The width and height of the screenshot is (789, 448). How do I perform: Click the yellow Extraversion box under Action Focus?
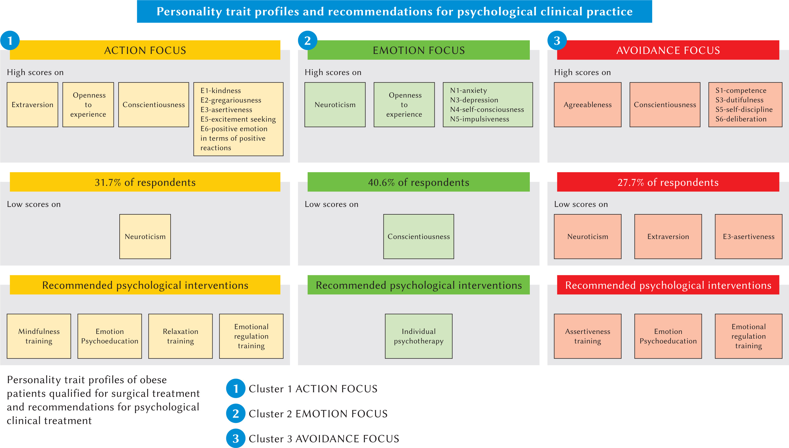[x=32, y=105]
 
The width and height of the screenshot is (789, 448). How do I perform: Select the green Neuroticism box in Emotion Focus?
[x=335, y=105]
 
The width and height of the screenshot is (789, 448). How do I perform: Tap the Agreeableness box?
[x=587, y=105]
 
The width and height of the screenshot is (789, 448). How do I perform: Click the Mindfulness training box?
[x=39, y=336]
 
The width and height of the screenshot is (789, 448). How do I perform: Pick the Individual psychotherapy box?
[x=418, y=336]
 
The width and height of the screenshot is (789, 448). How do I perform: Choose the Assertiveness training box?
[x=587, y=336]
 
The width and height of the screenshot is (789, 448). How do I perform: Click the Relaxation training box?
[x=180, y=336]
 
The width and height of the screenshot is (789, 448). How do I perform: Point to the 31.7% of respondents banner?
[x=145, y=182]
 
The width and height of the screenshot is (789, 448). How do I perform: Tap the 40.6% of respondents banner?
[x=418, y=182]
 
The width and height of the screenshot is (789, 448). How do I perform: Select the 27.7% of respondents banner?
[x=668, y=182]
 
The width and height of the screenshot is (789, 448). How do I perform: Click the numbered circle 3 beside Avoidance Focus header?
[x=557, y=41]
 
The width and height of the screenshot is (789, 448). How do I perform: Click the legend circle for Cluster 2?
[x=235, y=413]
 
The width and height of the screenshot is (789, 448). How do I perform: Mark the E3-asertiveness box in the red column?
[x=748, y=236]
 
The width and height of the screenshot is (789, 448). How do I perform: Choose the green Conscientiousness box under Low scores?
[x=418, y=236]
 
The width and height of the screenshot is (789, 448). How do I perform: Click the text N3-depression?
[x=474, y=100]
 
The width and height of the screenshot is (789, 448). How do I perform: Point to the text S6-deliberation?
[x=741, y=119]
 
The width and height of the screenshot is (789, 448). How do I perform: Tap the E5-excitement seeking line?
[x=238, y=119]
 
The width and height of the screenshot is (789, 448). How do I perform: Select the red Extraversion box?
[x=668, y=236]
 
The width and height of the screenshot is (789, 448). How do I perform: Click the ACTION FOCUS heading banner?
[x=145, y=50]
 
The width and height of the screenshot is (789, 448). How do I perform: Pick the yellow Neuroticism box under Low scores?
[x=145, y=236]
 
